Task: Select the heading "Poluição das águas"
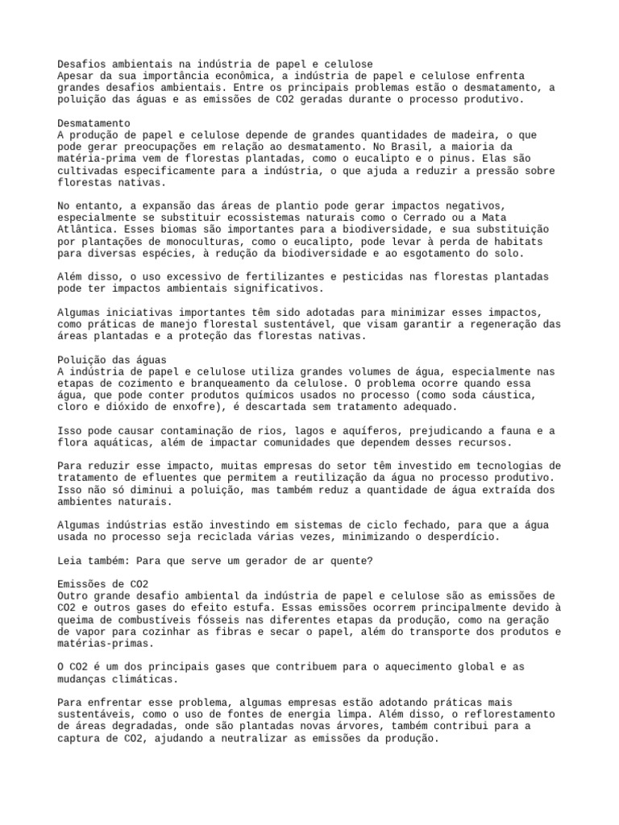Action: pyautogui.click(x=112, y=359)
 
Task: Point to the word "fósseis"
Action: pyautogui.click(x=231, y=620)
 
